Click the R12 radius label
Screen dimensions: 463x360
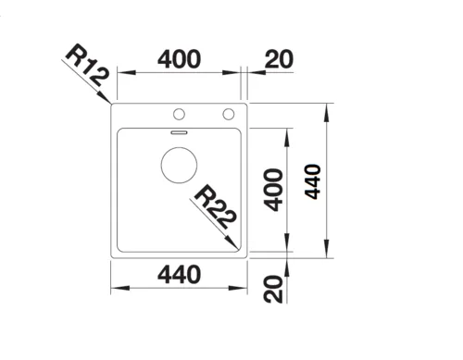coord(87,66)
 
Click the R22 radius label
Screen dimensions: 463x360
coord(216,207)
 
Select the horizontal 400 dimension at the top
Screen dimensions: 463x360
coord(179,58)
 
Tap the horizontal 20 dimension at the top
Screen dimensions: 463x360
coord(279,58)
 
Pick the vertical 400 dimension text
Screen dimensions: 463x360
coord(274,190)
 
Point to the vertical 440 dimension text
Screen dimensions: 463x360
coord(313,181)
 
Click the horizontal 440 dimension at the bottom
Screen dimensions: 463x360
coord(179,275)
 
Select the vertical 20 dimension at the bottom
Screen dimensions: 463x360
coord(273,290)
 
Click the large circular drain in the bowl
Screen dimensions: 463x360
coord(179,165)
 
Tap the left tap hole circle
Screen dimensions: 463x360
coord(179,114)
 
